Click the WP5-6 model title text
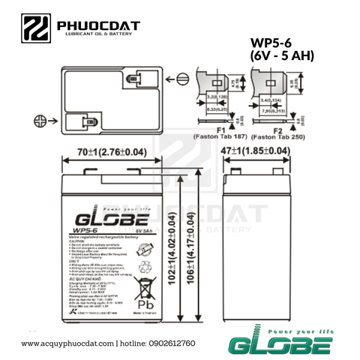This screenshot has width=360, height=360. click(278, 43)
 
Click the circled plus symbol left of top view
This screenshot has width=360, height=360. click(40, 120)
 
